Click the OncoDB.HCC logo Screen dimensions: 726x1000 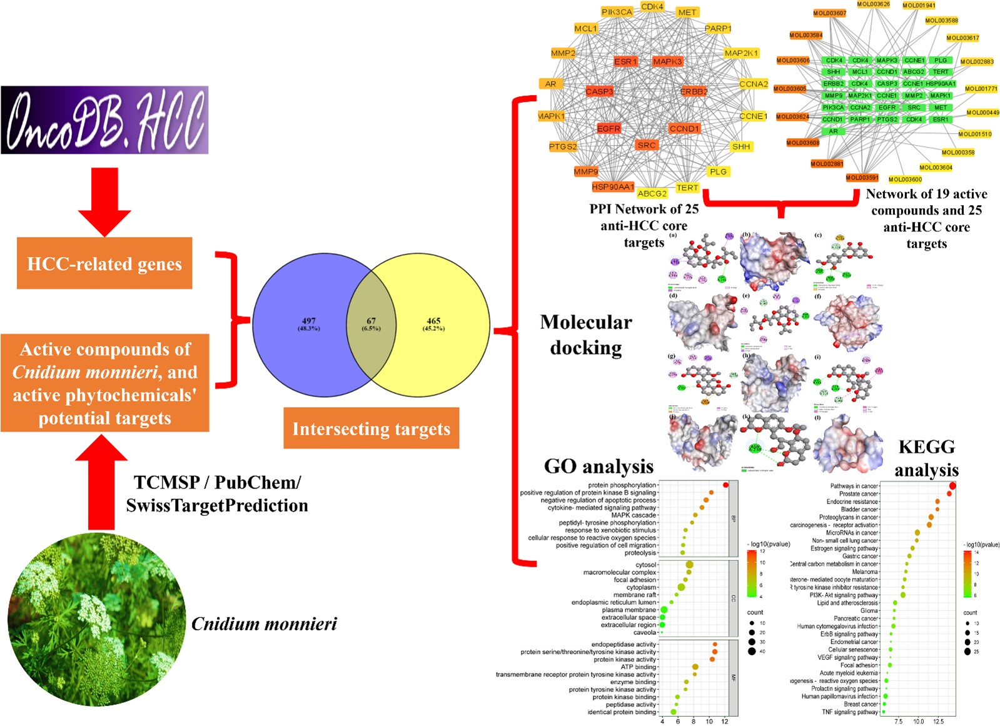coord(104,120)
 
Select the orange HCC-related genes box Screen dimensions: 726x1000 coord(104,263)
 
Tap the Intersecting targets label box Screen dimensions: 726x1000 coord(371,428)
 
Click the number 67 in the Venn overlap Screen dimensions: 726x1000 coord(371,321)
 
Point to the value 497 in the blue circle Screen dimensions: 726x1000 coord(308,321)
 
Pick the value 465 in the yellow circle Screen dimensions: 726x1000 coord(433,321)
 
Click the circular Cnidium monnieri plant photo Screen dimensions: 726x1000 coord(97,620)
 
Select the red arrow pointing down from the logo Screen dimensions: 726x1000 coord(104,201)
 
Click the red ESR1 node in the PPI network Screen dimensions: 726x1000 coord(625,61)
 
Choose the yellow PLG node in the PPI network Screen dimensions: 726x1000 coord(718,171)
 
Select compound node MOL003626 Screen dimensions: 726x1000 coord(873,4)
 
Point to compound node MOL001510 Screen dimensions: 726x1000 coord(975,134)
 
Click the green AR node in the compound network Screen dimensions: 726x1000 coord(833,131)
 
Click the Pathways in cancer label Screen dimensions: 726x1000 coord(854,486)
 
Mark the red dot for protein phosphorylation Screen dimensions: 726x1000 coord(725,485)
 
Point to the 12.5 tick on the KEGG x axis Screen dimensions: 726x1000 coord(938,721)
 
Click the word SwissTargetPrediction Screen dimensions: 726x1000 coord(217,505)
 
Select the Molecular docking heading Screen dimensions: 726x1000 coord(586,335)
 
